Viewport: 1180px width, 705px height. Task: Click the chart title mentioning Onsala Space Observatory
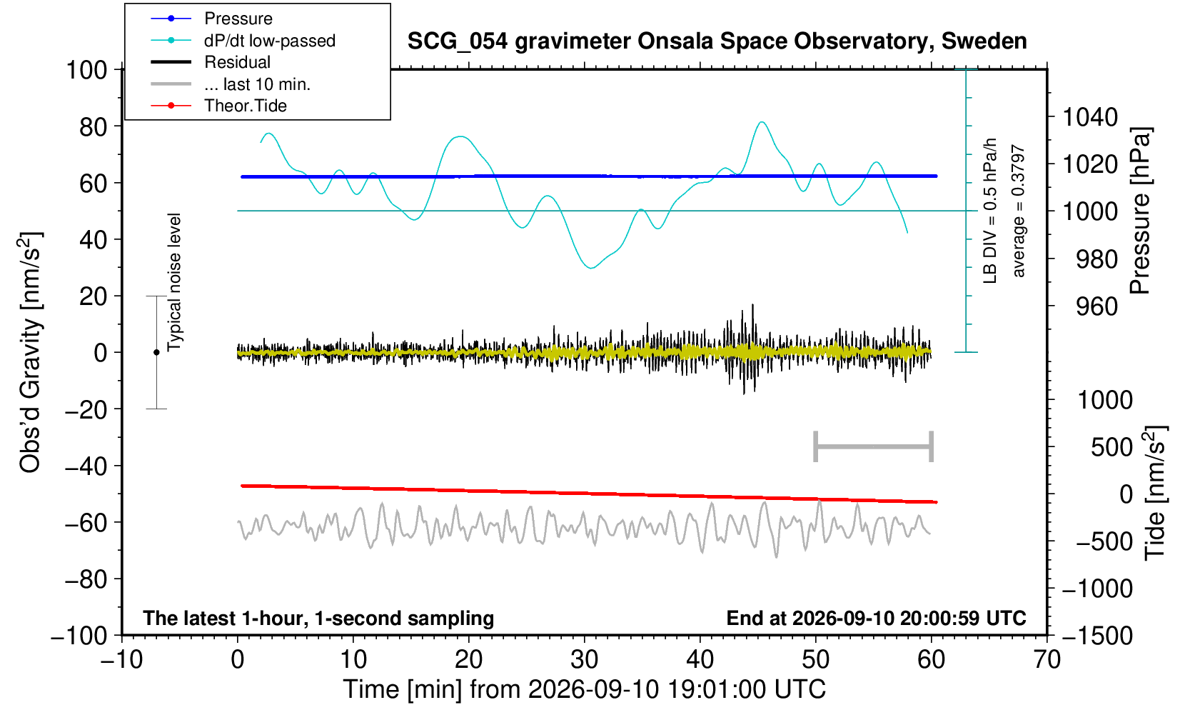[x=717, y=41]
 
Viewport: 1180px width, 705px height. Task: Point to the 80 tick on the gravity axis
[x=93, y=126]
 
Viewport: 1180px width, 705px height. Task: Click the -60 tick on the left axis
[x=86, y=523]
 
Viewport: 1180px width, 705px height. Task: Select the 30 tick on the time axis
[x=584, y=660]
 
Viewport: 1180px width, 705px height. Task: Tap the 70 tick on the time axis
[x=1047, y=660]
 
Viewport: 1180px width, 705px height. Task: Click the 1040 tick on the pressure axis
[x=1090, y=116]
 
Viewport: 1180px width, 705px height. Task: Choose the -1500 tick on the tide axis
[x=1097, y=636]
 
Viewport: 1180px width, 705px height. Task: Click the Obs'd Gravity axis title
[x=30, y=351]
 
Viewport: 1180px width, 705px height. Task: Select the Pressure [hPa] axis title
[x=1141, y=211]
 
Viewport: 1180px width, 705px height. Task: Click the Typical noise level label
[x=174, y=282]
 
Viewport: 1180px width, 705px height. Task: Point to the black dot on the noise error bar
[x=156, y=352]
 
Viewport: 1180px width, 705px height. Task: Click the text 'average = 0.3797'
[x=1018, y=211]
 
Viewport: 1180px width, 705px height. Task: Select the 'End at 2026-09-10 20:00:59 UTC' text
[x=876, y=618]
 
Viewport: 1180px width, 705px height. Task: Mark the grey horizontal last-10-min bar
[x=874, y=446]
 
